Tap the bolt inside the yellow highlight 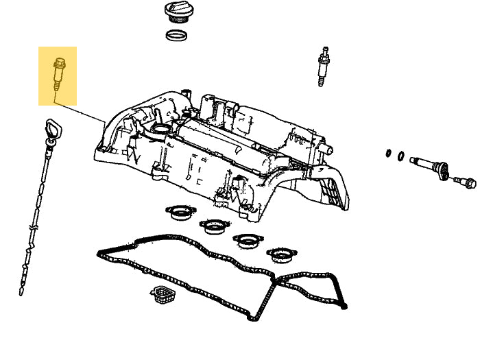click(x=58, y=73)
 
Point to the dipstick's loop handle click(x=52, y=130)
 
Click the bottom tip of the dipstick click(x=22, y=292)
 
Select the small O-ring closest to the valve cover click(x=389, y=153)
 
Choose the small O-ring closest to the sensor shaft click(x=401, y=156)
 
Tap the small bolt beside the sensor click(x=466, y=182)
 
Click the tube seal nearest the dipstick click(x=180, y=212)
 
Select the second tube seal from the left click(x=214, y=225)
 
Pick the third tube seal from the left click(x=248, y=240)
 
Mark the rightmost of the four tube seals click(x=280, y=254)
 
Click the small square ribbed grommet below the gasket click(x=163, y=296)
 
